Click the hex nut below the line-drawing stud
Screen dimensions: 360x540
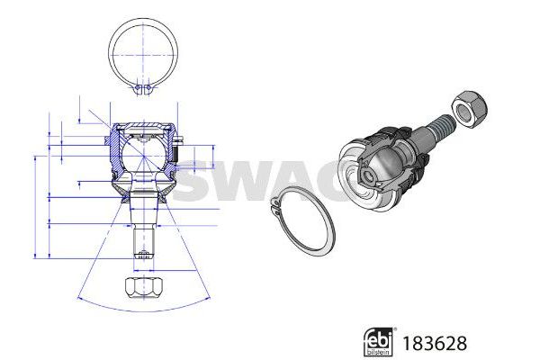[x=143, y=289]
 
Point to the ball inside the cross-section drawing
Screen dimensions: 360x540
[x=141, y=152]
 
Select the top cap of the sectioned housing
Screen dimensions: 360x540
[x=141, y=125]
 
